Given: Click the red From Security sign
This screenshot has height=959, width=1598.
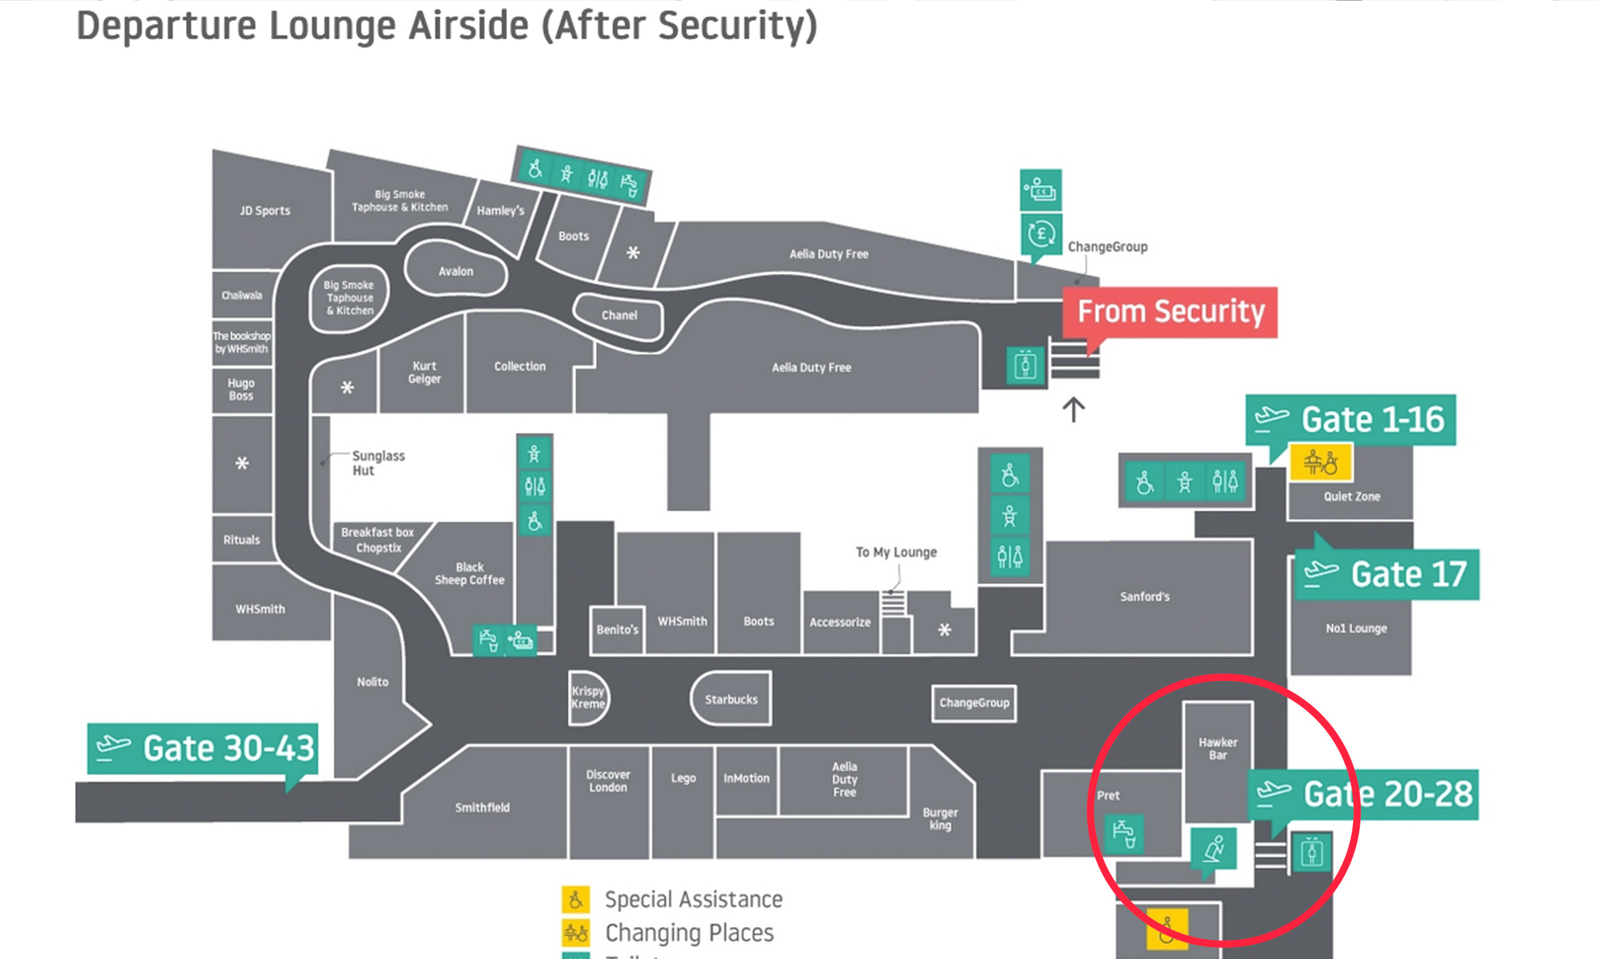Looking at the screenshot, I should point(1170,312).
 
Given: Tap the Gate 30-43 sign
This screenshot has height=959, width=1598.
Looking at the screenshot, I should point(203,748).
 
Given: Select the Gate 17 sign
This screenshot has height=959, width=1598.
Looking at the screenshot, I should point(1387,575).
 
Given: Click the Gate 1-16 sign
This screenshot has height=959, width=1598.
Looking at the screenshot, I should point(1350,420).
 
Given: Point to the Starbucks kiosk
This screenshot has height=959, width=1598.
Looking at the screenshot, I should point(731,699).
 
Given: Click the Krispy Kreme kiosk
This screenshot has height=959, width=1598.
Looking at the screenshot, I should point(588,697).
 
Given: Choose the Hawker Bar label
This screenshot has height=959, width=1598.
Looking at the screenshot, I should point(1217,748).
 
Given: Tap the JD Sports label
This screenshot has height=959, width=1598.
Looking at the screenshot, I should point(265,211).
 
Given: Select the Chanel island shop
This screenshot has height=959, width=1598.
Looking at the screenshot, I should point(619,315).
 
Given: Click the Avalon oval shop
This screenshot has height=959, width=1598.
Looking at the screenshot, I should point(455,271).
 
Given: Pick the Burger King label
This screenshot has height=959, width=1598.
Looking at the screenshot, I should point(940,819).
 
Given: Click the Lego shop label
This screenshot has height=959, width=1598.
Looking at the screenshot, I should point(683,778).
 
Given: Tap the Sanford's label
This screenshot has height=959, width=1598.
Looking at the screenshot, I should point(1145,596).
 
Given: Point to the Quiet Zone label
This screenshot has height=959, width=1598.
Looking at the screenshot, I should point(1351,497).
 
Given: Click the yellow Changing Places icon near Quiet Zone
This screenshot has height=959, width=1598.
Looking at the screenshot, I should point(1321,462).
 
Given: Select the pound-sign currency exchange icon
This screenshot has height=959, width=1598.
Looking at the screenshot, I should point(1041,234).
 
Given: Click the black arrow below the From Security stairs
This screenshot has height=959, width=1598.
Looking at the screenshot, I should point(1074,410).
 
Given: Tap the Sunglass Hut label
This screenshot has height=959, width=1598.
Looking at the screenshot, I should point(378,463).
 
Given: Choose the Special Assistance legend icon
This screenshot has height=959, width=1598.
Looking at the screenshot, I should point(575,899).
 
